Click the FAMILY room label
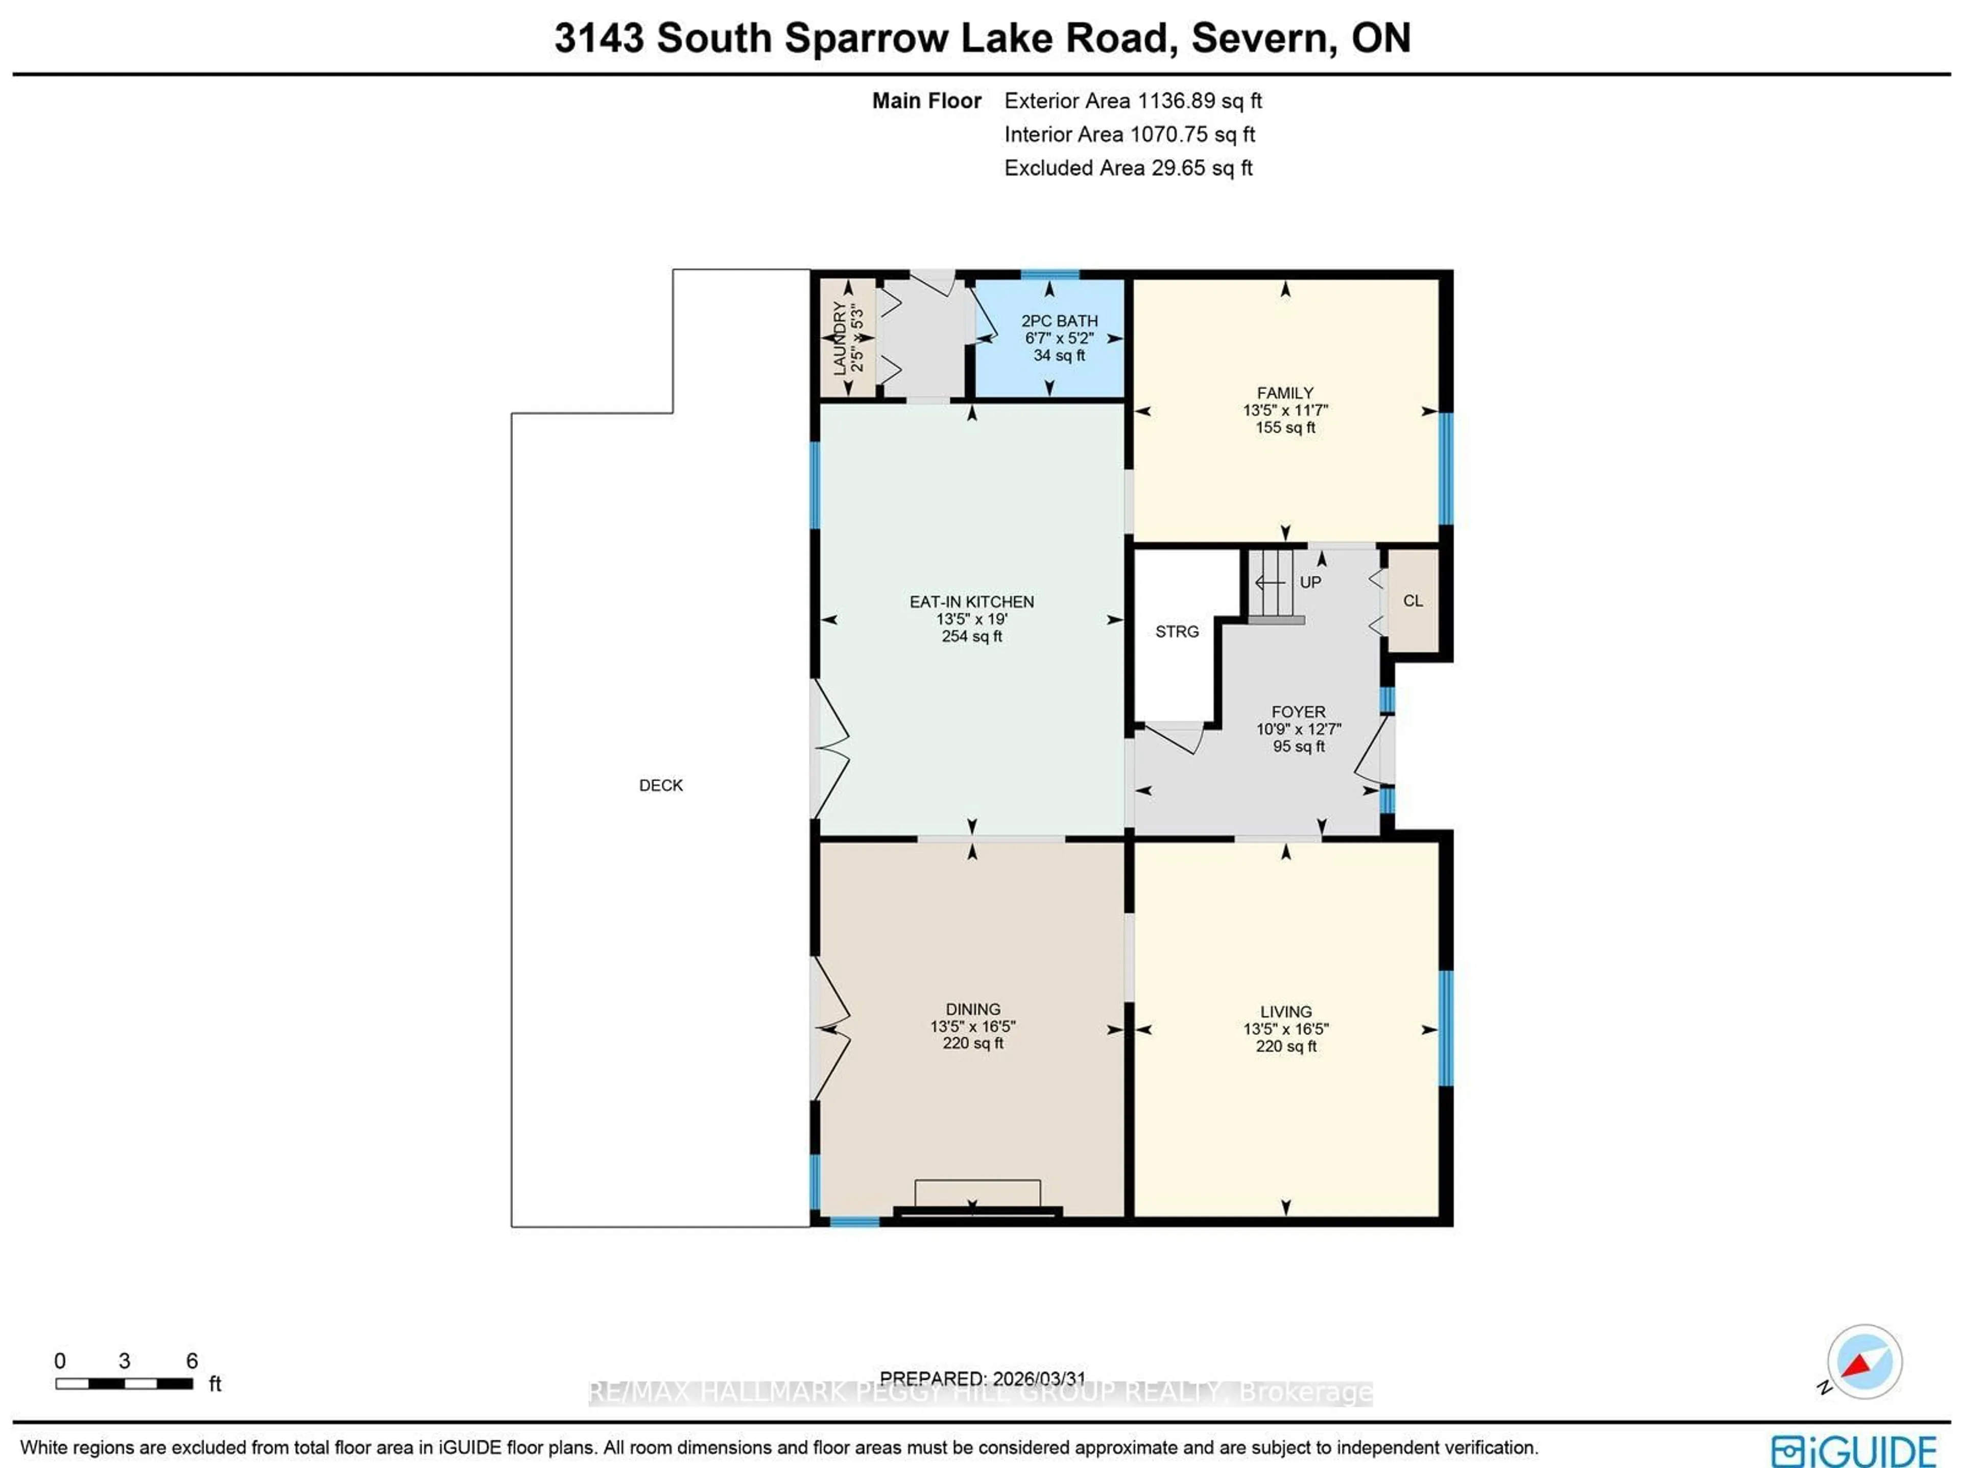click(1284, 393)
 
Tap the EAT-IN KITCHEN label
click(972, 602)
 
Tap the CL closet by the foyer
click(1412, 601)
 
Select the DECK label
click(660, 785)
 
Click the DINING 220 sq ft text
click(972, 1043)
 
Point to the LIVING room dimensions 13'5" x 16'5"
click(1285, 1029)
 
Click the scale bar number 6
click(192, 1361)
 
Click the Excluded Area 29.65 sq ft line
click(1128, 169)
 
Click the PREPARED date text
click(982, 1379)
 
